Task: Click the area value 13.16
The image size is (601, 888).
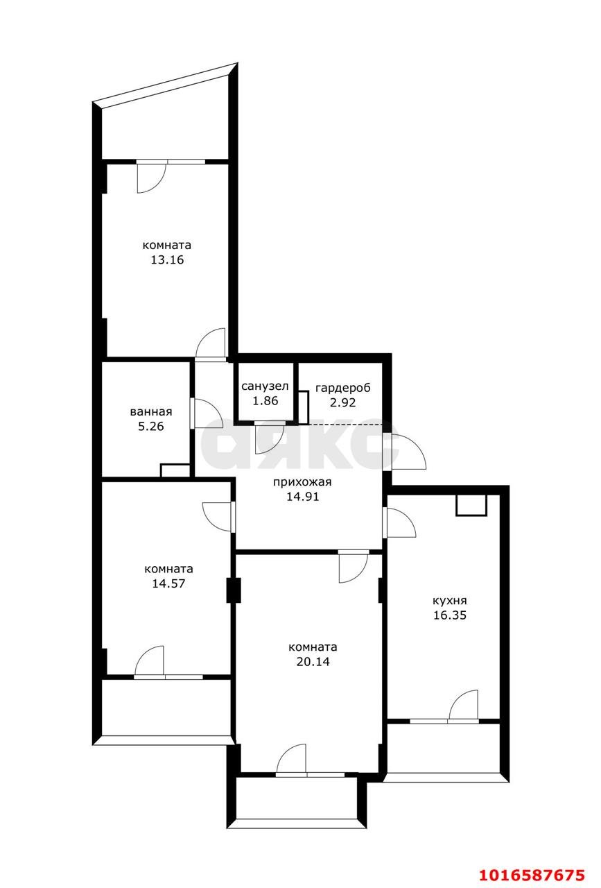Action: [167, 260]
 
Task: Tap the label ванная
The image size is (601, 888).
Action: [151, 411]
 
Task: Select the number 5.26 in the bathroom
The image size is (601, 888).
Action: [151, 426]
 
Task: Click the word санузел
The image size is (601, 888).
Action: [265, 386]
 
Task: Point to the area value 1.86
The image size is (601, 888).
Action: [265, 401]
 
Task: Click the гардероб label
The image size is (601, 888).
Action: [343, 387]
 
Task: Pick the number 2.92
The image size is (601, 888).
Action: [343, 402]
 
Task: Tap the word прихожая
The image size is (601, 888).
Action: [302, 482]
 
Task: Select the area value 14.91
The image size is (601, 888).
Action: [303, 496]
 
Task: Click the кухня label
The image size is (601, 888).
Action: [450, 601]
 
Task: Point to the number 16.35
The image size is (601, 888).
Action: [450, 615]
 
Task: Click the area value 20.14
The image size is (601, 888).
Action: [313, 662]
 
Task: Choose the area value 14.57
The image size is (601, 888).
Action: [168, 583]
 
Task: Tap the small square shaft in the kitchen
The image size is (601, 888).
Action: [471, 504]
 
